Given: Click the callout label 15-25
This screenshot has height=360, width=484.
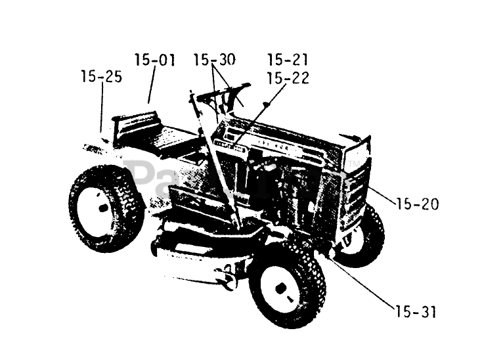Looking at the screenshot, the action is coord(101,77).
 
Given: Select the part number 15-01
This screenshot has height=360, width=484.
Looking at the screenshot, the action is coord(155,60).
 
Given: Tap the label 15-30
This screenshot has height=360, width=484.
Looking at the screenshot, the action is coord(214,60).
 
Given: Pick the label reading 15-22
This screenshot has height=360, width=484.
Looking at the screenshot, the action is coord(288,78).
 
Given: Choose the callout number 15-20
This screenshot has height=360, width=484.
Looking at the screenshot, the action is coord(418,205).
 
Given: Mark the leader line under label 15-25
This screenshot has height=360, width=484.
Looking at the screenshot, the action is coord(102,108).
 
